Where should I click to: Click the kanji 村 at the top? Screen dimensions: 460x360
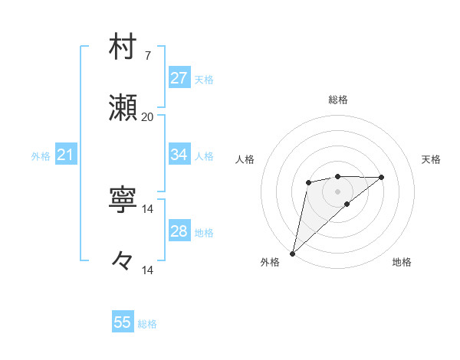point(123,47)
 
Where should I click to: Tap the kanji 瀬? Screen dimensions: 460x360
point(123,108)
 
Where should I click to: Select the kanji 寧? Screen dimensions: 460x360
point(123,201)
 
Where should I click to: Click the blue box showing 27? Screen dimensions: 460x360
point(179,78)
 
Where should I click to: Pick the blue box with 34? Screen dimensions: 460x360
point(179,155)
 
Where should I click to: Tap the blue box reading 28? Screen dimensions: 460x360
point(179,231)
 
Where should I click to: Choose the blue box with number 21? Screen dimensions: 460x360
point(65,155)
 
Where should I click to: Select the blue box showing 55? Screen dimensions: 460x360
point(123,322)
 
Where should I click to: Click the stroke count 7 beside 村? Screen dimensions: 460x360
point(148,56)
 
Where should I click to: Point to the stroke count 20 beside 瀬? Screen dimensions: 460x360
point(148,117)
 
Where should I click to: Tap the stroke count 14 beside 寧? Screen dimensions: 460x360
point(148,209)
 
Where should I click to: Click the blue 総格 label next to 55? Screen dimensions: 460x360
point(147,324)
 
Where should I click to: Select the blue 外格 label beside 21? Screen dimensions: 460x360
point(41,156)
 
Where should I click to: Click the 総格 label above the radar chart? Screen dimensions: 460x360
point(337,100)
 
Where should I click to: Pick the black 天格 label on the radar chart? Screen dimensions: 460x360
point(431,159)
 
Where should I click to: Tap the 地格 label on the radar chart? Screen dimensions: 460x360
point(402,262)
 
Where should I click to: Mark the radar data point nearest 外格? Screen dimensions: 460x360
point(292,253)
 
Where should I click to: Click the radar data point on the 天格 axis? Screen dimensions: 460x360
point(382,177)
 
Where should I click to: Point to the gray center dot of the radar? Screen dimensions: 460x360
point(337,191)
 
